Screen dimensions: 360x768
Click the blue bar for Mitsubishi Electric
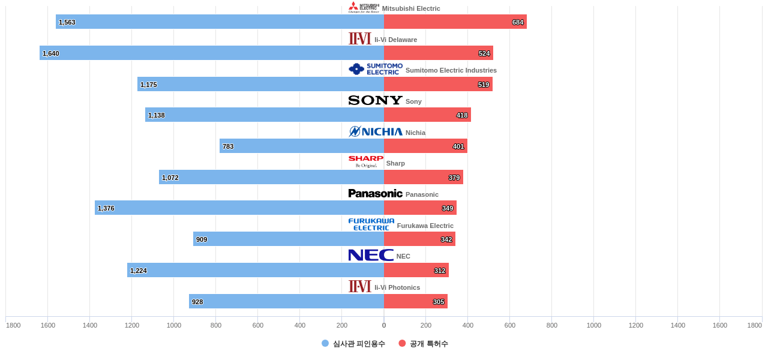pos(220,22)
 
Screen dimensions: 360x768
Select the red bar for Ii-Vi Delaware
pos(439,53)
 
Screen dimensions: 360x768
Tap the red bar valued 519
pos(438,84)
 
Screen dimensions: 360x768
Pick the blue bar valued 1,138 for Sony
pos(265,115)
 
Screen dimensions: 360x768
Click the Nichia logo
pos(376,132)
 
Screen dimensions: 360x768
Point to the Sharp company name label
pos(395,163)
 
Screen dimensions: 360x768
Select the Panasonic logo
pos(376,194)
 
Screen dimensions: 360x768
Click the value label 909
pos(202,239)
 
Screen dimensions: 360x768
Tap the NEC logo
pos(371,256)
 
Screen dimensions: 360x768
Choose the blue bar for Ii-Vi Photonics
pos(286,301)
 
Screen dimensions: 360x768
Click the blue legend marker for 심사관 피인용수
pos(325,343)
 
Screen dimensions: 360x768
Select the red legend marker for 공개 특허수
pos(402,343)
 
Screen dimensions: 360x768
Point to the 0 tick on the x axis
pos(384,325)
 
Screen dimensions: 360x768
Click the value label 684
pos(518,22)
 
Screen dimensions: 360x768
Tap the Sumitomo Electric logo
pos(376,70)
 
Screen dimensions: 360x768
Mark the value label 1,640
pos(51,53)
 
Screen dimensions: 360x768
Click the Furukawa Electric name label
pos(425,226)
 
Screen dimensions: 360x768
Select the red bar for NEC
pos(416,270)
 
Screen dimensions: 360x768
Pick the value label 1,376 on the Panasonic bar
pos(106,208)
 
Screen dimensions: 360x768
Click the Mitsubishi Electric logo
pos(364,8)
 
